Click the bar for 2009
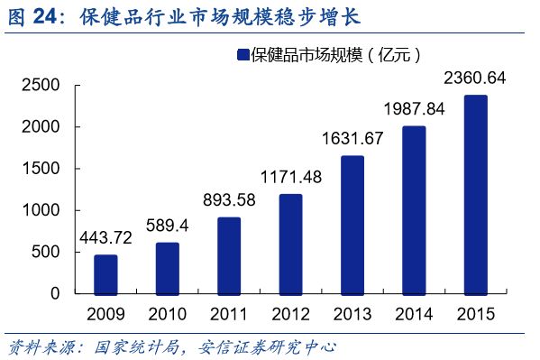105,274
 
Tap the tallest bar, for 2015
475,195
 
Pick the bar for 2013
352,225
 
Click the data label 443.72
105,240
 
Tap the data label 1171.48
290,178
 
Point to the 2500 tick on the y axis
41,86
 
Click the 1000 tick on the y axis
41,210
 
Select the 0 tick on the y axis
55,293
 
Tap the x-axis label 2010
167,314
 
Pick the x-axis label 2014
414,314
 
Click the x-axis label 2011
229,314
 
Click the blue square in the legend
242,56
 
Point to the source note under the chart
171,347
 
